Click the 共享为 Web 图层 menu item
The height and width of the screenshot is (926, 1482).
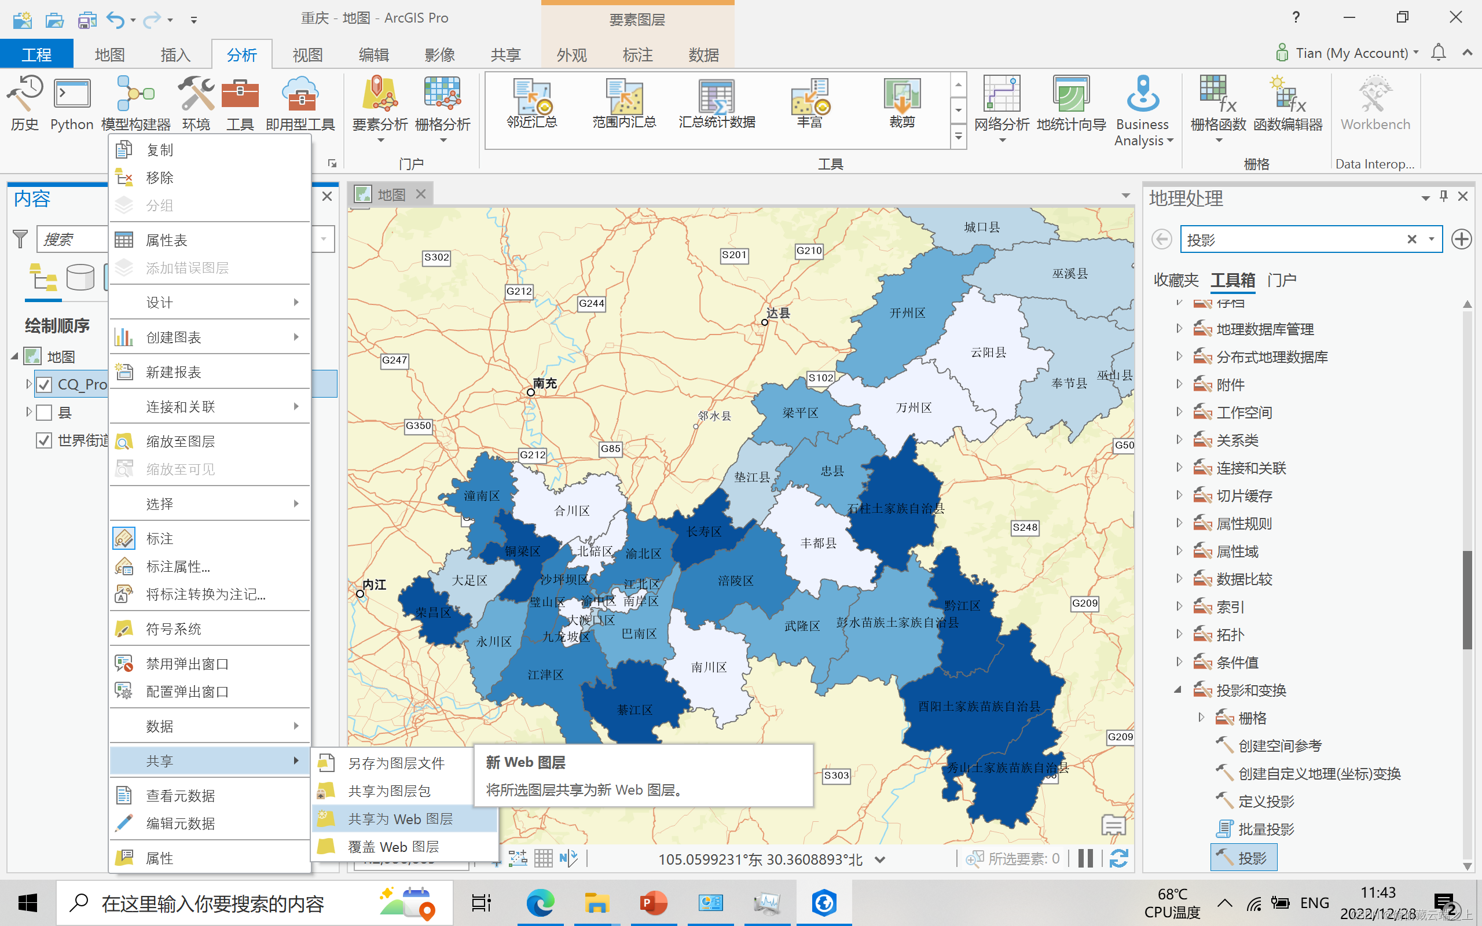tap(401, 819)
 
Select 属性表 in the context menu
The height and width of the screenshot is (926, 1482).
tap(167, 240)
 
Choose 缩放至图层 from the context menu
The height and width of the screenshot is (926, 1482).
tap(180, 441)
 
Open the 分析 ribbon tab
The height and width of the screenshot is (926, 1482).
tap(241, 55)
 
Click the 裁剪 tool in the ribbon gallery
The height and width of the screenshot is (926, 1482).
tap(901, 104)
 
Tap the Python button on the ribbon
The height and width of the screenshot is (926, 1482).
tap(72, 104)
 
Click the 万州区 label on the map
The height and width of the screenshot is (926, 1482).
tap(914, 408)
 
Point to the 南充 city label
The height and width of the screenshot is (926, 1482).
tap(544, 383)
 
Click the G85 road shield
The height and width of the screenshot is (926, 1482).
tap(611, 449)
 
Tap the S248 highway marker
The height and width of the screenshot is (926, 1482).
tap(1025, 527)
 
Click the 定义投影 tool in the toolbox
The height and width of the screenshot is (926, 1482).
tap(1266, 801)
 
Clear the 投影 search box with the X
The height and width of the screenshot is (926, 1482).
tap(1411, 240)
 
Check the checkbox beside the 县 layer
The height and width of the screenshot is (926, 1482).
tap(44, 413)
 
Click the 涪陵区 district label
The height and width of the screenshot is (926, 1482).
tap(735, 580)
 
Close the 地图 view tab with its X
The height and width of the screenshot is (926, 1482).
tap(421, 194)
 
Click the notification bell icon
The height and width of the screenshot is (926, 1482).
tap(1438, 53)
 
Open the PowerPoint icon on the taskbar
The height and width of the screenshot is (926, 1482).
tap(654, 903)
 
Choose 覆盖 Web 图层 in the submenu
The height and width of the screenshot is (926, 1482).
tap(393, 847)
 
